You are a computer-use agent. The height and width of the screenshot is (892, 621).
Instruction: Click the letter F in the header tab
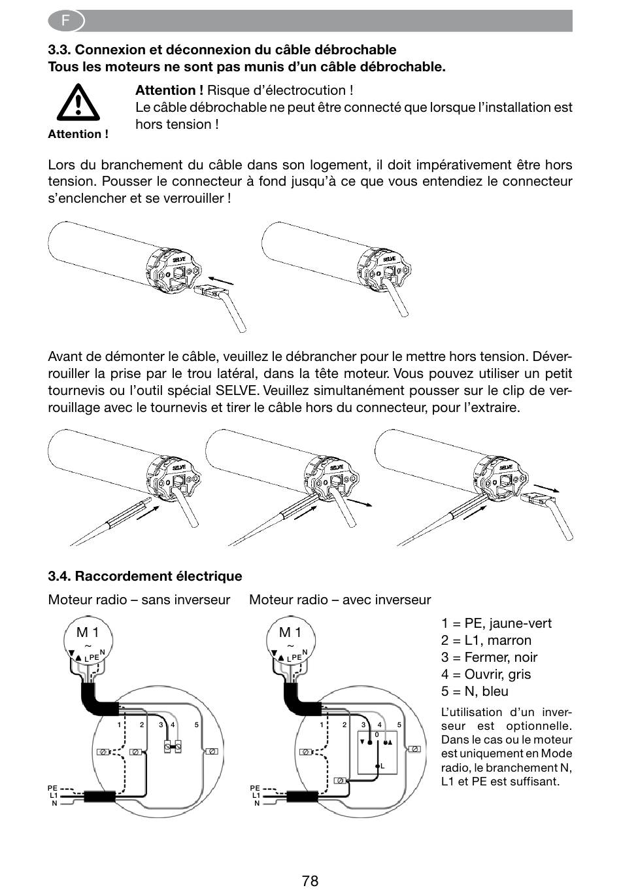tap(65, 20)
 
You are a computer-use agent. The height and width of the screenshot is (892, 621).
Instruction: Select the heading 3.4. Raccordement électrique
tap(145, 576)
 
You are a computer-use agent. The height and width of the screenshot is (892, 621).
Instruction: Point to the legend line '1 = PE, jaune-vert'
tap(496, 623)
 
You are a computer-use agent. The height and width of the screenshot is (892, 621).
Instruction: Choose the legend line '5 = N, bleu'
tap(475, 691)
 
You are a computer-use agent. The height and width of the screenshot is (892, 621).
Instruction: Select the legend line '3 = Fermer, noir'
tap(489, 657)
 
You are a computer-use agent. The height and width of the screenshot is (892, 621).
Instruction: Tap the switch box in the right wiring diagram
tap(377, 752)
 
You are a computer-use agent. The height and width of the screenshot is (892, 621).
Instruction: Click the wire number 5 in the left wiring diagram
tap(196, 725)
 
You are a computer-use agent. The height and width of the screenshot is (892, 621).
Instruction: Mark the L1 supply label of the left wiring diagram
tap(54, 795)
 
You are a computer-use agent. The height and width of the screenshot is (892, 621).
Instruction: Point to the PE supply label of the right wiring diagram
tap(255, 787)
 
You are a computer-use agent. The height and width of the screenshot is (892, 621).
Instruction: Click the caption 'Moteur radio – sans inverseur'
tap(139, 599)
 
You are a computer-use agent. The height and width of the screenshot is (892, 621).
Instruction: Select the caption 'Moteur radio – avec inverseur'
tap(340, 599)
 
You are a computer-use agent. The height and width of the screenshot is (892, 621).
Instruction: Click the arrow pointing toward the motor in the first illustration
tap(220, 281)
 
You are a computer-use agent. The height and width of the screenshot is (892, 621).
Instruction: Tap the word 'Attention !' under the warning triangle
tap(78, 134)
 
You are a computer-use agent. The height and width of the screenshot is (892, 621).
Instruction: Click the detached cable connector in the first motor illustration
tap(209, 292)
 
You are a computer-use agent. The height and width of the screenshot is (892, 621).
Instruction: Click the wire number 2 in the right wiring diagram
tap(344, 725)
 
